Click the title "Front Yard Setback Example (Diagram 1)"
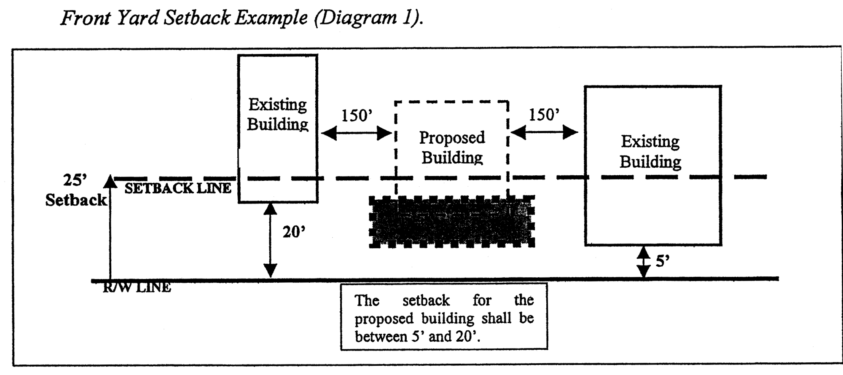tap(242, 18)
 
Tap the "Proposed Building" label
tap(452, 147)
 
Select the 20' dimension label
tap(294, 232)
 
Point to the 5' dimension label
tap(663, 262)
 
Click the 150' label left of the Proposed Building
tap(357, 115)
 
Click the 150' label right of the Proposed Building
tap(544, 115)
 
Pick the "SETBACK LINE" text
tap(178, 188)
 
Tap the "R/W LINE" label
tap(137, 288)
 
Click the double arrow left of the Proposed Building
tap(357, 134)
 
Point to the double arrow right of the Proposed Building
tap(544, 133)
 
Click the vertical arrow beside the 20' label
tap(270, 240)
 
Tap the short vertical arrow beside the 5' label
tap(643, 262)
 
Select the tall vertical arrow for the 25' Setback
tap(110, 228)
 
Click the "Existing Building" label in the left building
tap(277, 114)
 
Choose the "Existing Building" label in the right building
tap(650, 151)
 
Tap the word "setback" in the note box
tap(426, 300)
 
